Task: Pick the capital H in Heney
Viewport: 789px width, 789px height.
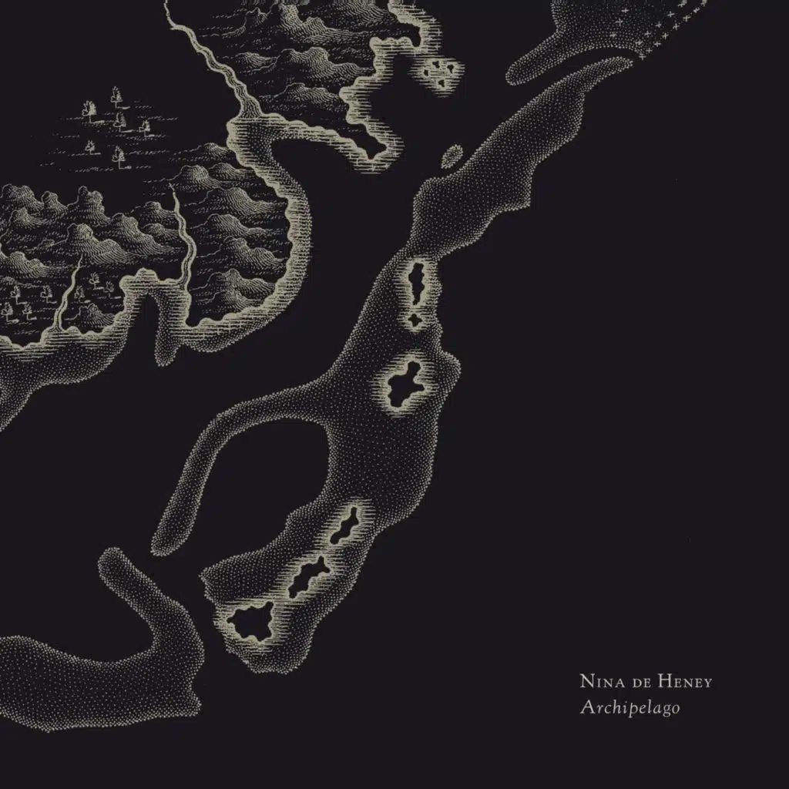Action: [653, 681]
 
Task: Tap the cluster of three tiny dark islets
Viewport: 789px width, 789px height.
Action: [442, 70]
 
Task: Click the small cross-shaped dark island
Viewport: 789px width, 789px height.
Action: [416, 320]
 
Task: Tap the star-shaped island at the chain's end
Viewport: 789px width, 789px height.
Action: [250, 621]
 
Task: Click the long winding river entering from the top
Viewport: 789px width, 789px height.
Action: [223, 77]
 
